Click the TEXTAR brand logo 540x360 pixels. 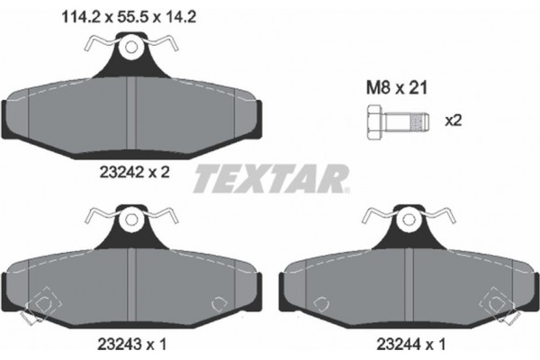click(270, 178)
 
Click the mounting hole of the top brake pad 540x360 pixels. click(133, 47)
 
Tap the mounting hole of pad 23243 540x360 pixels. click(133, 218)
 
